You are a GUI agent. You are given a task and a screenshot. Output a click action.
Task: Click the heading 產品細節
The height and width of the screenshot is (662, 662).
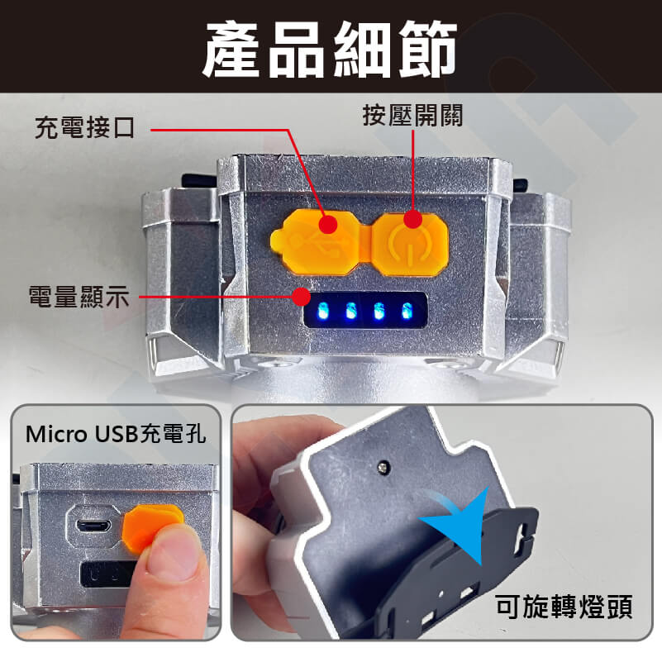(330, 49)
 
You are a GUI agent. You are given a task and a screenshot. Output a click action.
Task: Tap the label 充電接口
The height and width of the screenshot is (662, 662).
(84, 127)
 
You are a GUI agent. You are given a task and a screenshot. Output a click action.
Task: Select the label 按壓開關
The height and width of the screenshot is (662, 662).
(412, 115)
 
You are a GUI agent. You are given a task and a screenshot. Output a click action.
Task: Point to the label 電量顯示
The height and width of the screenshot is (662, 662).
(79, 297)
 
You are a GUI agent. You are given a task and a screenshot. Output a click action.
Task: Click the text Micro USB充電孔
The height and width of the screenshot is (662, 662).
(116, 434)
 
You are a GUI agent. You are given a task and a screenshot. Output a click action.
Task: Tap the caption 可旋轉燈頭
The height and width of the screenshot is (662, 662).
(564, 607)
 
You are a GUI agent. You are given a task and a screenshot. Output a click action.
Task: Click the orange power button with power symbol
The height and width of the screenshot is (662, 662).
(409, 245)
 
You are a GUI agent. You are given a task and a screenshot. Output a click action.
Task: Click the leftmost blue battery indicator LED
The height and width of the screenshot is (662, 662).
(323, 310)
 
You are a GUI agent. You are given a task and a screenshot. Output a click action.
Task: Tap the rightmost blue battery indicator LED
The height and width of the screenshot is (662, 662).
(406, 311)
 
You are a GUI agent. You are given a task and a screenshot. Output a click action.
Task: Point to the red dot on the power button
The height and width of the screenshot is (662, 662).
(413, 220)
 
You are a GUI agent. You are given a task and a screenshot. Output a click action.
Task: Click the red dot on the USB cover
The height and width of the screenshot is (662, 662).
(328, 224)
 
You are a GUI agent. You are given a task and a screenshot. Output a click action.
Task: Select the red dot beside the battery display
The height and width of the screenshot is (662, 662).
(302, 297)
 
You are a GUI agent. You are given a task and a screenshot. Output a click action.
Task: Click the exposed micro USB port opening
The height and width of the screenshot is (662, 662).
(93, 526)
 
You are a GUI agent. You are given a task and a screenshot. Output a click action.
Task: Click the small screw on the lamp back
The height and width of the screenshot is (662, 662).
(383, 467)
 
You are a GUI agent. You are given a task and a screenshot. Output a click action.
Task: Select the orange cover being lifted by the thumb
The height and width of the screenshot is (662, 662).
(152, 526)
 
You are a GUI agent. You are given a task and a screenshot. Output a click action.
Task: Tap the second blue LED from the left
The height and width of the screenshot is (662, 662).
(350, 311)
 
